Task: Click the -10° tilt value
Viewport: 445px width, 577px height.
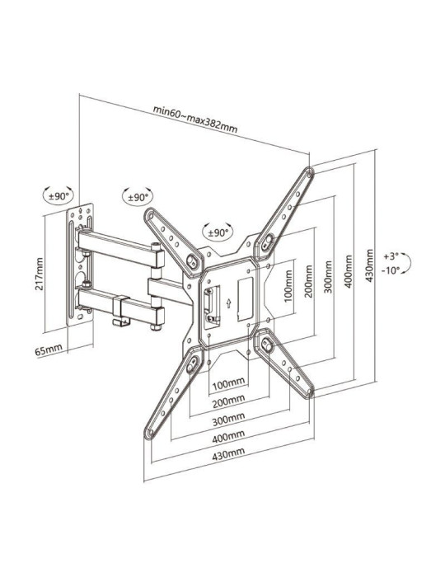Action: point(391,270)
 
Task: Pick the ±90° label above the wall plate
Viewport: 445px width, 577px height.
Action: point(59,196)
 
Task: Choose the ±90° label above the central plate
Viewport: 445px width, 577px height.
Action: point(218,232)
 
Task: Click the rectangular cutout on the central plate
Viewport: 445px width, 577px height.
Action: point(245,293)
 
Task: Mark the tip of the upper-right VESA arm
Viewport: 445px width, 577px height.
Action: point(307,174)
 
